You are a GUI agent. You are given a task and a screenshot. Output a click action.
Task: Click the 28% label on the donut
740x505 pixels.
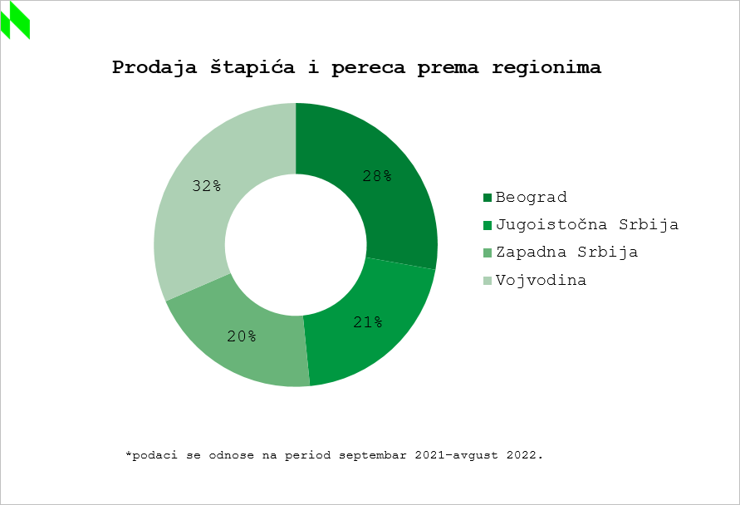(x=377, y=176)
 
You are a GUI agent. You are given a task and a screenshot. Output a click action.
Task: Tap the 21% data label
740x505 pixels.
(x=367, y=321)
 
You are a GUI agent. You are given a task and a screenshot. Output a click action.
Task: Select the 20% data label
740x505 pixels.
(x=242, y=336)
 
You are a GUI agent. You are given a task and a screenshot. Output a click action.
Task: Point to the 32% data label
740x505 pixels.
(x=206, y=186)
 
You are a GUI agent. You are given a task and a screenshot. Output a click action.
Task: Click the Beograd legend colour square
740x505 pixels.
(x=488, y=198)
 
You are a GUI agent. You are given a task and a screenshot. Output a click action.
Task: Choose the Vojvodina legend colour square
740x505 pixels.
(x=488, y=281)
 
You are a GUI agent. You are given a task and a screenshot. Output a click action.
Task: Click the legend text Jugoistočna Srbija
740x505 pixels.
(x=587, y=225)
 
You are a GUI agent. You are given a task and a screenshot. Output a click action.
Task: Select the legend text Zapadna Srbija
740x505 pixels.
(x=566, y=252)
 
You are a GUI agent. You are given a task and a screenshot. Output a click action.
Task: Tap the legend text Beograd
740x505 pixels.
(x=531, y=198)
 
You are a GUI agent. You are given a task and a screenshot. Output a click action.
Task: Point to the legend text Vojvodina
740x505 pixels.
(x=541, y=281)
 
